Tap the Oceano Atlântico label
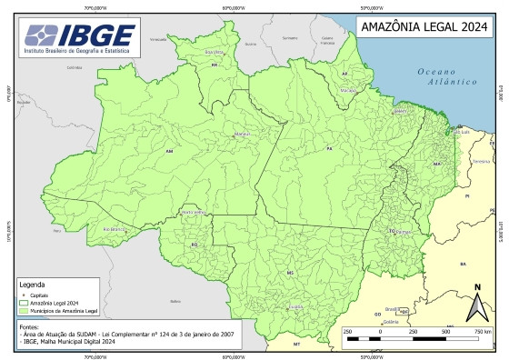[x=448, y=75]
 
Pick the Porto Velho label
[x=194, y=212]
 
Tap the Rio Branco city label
[x=114, y=230]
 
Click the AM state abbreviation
[x=169, y=151]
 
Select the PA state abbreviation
[x=329, y=147]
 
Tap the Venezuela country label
[x=159, y=39]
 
